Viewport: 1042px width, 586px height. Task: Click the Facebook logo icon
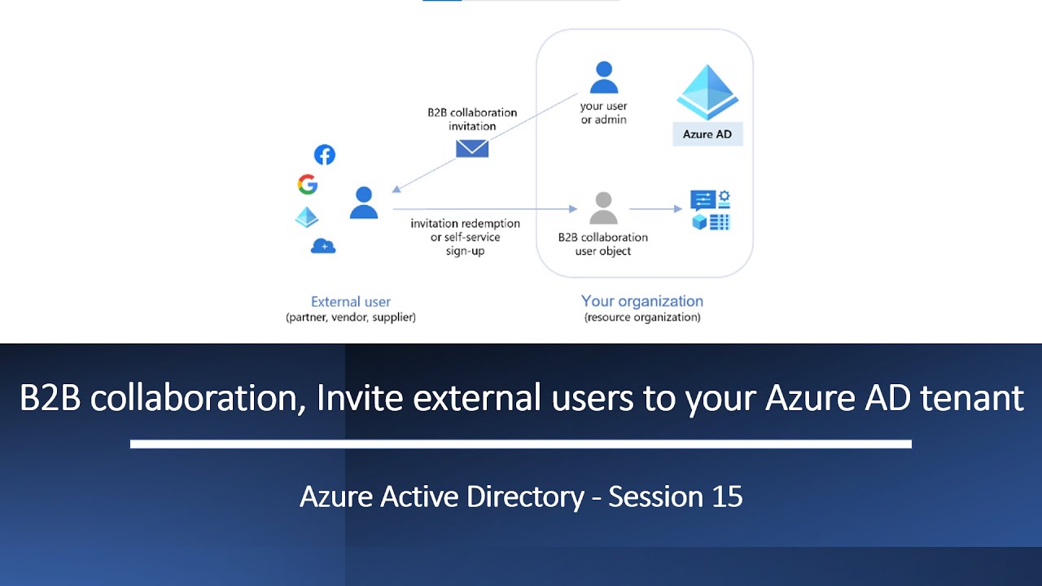[324, 155]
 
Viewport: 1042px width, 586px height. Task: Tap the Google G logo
[308, 185]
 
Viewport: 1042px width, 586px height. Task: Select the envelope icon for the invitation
[472, 147]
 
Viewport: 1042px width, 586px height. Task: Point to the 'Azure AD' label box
[707, 134]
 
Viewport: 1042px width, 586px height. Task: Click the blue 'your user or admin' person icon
[604, 78]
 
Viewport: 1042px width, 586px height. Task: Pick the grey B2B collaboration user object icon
[603, 208]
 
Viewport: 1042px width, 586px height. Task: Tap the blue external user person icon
[364, 203]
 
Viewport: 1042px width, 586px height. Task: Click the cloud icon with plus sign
[323, 246]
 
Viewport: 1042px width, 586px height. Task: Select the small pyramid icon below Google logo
[307, 217]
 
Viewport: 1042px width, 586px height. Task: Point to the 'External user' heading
[351, 302]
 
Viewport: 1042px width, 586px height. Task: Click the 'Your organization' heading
[642, 301]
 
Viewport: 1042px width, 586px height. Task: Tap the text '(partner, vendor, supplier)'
[351, 317]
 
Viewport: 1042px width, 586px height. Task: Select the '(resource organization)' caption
[642, 317]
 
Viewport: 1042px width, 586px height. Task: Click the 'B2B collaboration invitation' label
[472, 120]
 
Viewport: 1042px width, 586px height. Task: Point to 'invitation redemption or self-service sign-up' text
[465, 237]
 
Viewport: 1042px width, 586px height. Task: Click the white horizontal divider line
[521, 444]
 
